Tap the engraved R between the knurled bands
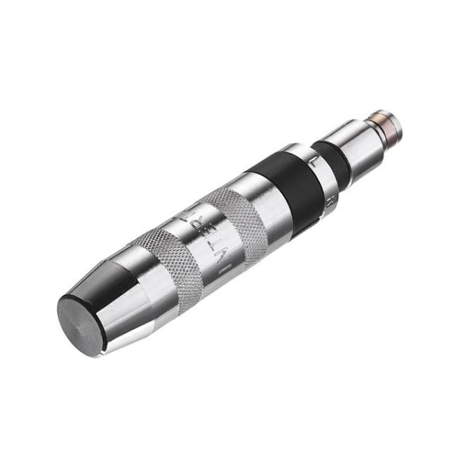tap(198, 219)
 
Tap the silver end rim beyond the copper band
tap(393, 121)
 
